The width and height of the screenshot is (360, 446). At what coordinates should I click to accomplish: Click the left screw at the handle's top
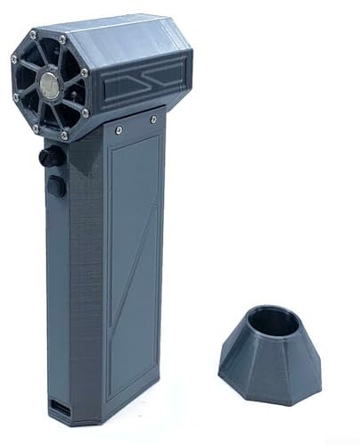119,129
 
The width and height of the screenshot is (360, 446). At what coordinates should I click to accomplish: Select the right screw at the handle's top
154,119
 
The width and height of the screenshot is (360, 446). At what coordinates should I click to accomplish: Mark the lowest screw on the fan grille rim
63,136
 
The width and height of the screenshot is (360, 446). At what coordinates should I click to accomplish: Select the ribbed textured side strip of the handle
86,285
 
